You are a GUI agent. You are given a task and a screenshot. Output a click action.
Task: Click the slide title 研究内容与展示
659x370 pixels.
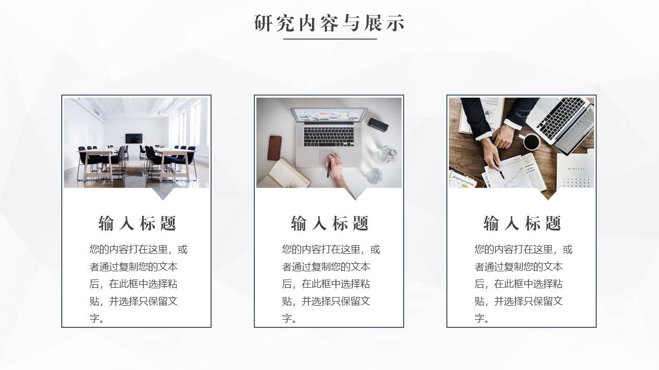click(x=329, y=23)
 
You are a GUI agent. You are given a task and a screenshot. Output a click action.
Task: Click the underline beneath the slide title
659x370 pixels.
click(x=330, y=39)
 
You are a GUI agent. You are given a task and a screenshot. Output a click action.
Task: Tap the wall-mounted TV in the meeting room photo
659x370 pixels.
click(x=134, y=138)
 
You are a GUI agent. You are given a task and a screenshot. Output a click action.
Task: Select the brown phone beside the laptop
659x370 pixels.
click(x=274, y=147)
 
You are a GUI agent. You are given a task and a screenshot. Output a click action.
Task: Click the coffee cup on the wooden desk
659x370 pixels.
click(x=531, y=141)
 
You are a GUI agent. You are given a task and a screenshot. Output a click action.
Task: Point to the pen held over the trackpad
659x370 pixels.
click(x=329, y=165)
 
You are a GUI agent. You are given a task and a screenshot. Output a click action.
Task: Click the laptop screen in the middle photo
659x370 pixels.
click(x=329, y=115)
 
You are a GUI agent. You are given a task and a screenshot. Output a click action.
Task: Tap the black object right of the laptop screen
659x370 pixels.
click(x=378, y=124)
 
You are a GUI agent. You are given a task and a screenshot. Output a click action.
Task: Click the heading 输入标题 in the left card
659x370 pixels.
click(x=137, y=223)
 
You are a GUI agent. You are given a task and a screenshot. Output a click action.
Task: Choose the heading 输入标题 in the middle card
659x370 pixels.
click(x=329, y=223)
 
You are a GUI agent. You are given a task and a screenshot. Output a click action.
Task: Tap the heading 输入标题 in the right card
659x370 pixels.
click(x=522, y=223)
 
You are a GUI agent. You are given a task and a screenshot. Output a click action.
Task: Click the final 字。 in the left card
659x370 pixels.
click(x=97, y=318)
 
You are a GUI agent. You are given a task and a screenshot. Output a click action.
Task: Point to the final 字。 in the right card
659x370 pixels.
click(x=482, y=318)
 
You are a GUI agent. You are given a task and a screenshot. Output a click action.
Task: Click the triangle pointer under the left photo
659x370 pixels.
click(x=163, y=194)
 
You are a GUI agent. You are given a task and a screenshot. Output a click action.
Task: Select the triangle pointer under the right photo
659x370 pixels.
click(x=548, y=194)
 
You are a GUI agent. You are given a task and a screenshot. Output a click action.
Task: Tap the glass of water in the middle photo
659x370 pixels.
click(x=374, y=176)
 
